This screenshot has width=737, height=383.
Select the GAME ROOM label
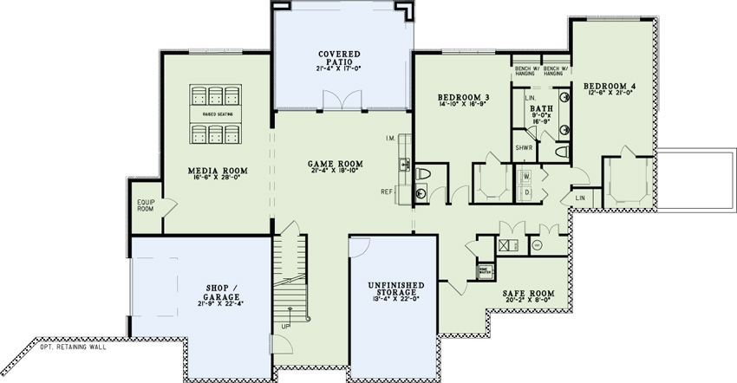[336, 164]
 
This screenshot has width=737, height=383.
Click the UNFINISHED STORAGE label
[395, 290]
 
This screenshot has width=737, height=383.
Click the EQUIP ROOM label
[146, 205]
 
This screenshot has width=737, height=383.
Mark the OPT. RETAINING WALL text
[73, 347]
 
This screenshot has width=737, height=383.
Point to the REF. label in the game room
[388, 191]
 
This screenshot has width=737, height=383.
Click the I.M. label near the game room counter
[390, 139]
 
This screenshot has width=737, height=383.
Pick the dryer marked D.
[527, 192]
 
